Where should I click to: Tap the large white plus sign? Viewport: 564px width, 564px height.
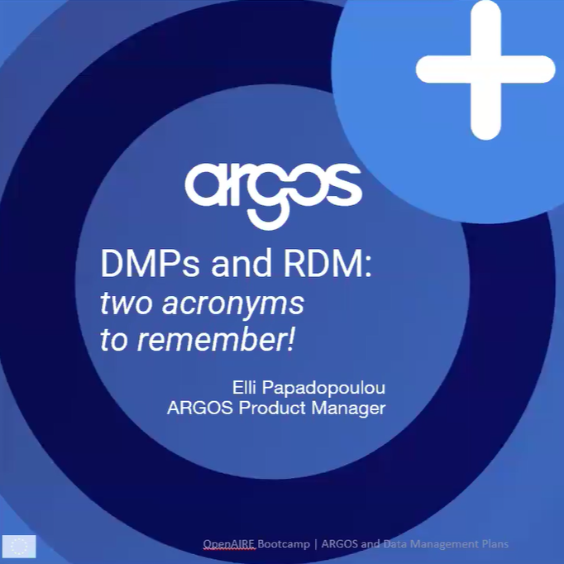(x=485, y=69)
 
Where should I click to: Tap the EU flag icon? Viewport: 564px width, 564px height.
(x=19, y=544)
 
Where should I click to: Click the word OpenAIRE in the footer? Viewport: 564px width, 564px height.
(x=229, y=544)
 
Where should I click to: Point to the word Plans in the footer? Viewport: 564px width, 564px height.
(x=492, y=544)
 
